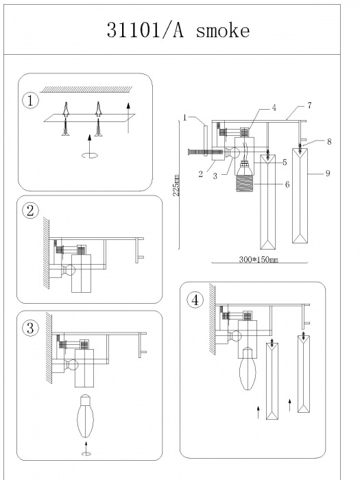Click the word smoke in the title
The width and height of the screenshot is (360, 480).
(x=223, y=31)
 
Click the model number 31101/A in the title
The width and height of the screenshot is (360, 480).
(x=145, y=30)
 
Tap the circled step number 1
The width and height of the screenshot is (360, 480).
(x=30, y=101)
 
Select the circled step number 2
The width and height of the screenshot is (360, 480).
(x=31, y=211)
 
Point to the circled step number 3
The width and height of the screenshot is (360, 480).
(x=30, y=328)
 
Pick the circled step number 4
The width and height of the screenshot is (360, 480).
(x=195, y=300)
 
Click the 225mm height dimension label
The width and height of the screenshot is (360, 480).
(x=176, y=186)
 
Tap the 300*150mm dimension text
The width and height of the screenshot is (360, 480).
(x=259, y=260)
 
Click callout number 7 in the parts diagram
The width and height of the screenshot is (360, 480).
(x=309, y=106)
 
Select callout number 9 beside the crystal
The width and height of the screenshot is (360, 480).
(x=328, y=173)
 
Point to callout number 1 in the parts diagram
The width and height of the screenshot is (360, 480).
(x=185, y=118)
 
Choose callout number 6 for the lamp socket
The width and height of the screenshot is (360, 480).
(x=287, y=184)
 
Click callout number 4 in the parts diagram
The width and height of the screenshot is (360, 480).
(x=274, y=108)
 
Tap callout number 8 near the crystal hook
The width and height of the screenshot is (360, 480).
(x=329, y=141)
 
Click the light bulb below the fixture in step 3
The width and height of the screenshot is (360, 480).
(x=86, y=416)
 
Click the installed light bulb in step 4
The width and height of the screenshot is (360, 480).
(x=248, y=368)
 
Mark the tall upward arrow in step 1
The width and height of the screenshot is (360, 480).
(x=128, y=118)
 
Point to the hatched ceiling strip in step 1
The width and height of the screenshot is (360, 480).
(x=87, y=89)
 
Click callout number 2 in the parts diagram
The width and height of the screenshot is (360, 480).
(x=200, y=174)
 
